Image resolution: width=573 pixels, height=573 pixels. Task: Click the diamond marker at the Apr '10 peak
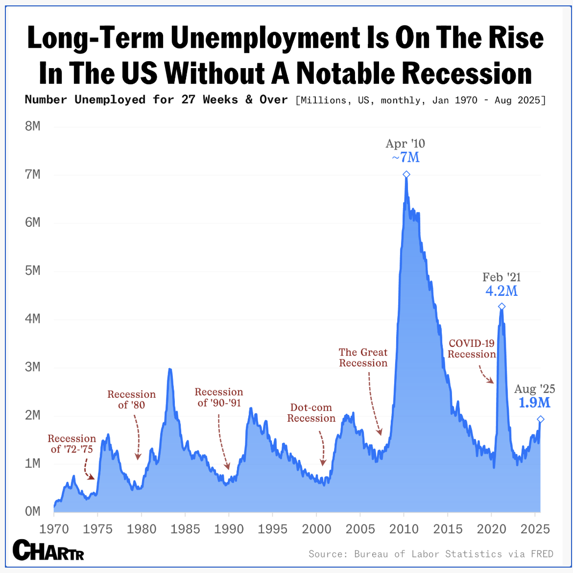click(406, 174)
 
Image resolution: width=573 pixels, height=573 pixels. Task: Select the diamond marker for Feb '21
click(501, 307)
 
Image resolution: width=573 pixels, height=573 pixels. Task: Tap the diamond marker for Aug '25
click(540, 419)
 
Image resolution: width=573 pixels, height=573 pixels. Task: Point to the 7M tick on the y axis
click(32, 174)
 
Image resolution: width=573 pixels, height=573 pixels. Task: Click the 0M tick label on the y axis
click(32, 511)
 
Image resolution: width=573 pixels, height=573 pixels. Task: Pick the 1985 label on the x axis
click(185, 529)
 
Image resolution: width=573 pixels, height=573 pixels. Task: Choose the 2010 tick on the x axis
click(404, 529)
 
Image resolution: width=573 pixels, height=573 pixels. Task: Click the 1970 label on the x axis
click(54, 529)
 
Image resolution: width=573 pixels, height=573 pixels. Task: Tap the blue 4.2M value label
click(501, 291)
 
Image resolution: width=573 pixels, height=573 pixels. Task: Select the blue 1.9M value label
click(534, 403)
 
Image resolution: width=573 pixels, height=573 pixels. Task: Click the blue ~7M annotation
click(406, 158)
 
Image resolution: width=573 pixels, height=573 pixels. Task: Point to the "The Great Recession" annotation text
click(363, 358)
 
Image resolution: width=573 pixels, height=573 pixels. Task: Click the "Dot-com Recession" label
click(311, 413)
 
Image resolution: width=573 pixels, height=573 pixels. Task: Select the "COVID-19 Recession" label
click(472, 349)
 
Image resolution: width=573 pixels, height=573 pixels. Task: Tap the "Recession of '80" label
click(131, 400)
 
